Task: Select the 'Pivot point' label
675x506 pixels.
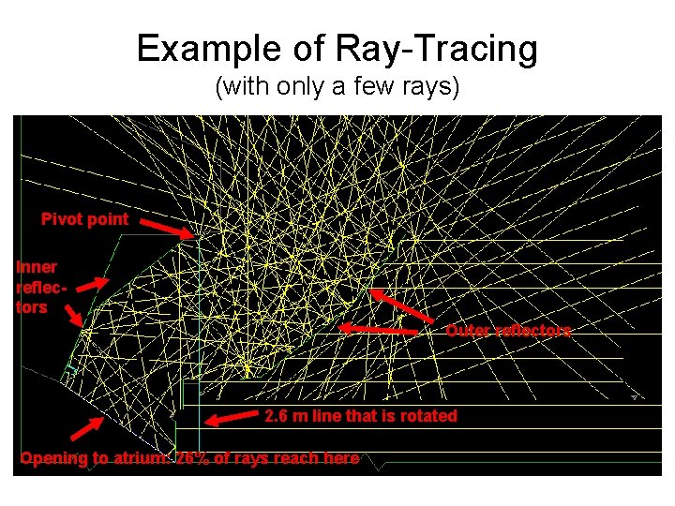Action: click(84, 219)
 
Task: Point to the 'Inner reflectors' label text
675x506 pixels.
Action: click(37, 286)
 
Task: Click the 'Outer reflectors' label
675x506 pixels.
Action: click(507, 331)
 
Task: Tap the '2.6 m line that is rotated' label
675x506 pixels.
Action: click(360, 416)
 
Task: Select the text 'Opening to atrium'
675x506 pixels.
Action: click(94, 458)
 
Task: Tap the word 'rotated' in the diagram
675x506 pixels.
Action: click(427, 416)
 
